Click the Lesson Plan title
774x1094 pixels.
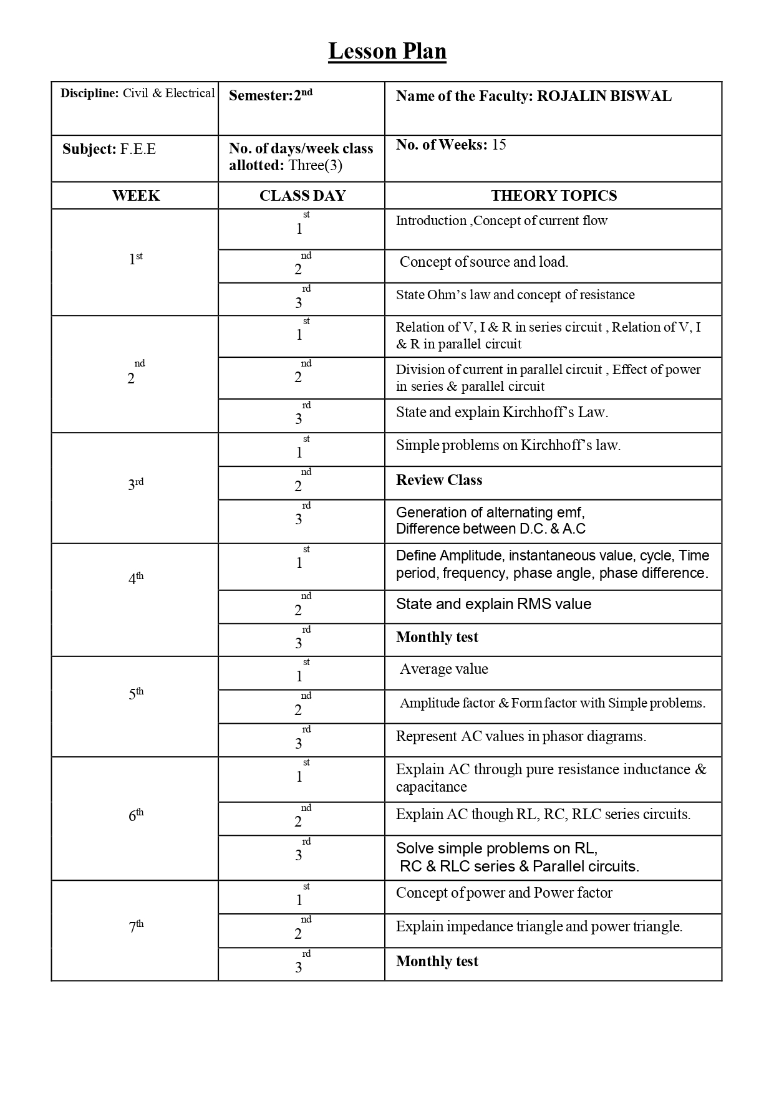click(387, 51)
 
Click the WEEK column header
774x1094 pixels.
click(135, 196)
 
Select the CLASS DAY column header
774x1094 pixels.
click(302, 196)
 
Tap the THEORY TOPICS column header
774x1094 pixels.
click(553, 196)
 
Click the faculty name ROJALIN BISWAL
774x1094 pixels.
click(604, 96)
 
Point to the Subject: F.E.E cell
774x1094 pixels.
click(109, 150)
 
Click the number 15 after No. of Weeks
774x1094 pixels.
click(499, 145)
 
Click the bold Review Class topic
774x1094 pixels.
click(439, 480)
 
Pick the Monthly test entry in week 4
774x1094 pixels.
click(437, 637)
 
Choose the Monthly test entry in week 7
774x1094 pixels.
click(437, 961)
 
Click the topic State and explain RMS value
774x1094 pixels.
click(493, 604)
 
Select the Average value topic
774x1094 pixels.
click(443, 669)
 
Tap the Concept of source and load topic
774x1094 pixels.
click(483, 262)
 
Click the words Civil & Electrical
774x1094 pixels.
click(168, 94)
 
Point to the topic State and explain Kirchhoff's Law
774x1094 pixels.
click(501, 412)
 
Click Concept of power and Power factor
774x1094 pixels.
click(504, 893)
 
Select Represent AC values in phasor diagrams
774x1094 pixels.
click(521, 736)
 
